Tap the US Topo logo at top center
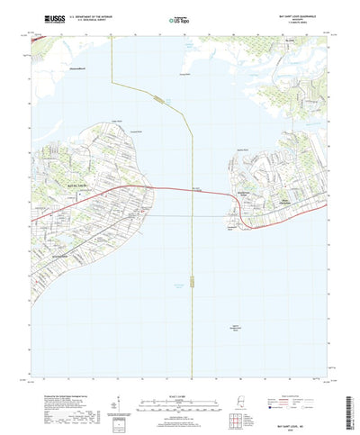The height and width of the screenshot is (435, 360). click(x=179, y=18)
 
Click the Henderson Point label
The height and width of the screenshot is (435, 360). click(x=232, y=227)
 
